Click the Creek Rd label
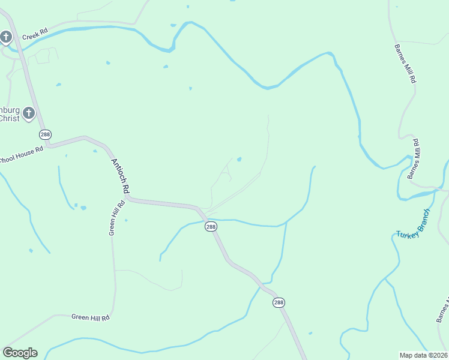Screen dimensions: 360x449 [x=34, y=36]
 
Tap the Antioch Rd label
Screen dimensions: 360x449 [x=120, y=176]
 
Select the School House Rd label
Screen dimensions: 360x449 [x=22, y=155]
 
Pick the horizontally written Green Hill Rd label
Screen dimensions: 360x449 [x=90, y=317]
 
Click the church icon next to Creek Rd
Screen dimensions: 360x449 [x=5, y=38]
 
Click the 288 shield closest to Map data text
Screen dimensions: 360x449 [x=279, y=303]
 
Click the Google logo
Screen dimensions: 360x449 [x=20, y=353]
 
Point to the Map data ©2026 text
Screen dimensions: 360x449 [x=423, y=355]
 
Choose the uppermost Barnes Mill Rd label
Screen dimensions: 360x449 [x=405, y=63]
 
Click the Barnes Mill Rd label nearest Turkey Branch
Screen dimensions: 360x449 [x=414, y=159]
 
